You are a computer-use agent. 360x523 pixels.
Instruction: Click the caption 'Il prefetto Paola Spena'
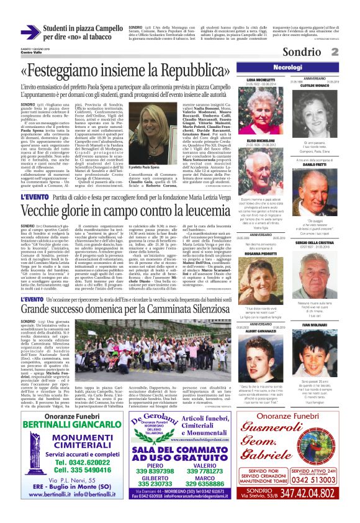[142, 167]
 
